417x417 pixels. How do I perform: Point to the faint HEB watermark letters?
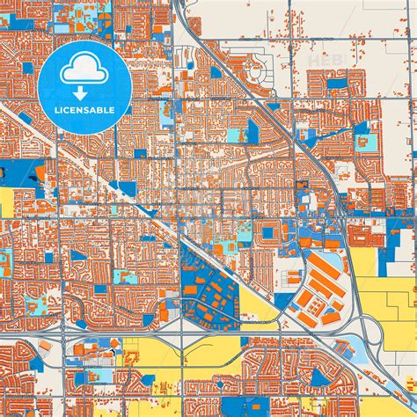[320, 60]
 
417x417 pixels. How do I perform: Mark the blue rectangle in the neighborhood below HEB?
[336, 84]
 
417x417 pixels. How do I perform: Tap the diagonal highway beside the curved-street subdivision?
[290, 132]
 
